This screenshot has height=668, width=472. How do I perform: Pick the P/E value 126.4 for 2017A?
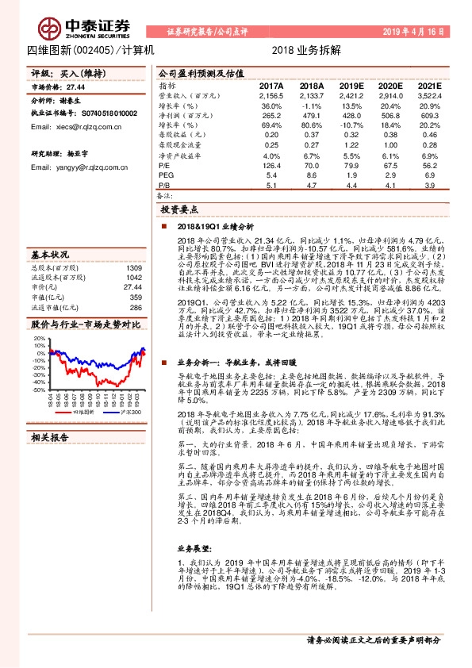(271, 165)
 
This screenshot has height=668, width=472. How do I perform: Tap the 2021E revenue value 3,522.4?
(428, 96)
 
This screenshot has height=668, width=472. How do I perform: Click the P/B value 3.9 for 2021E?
(429, 185)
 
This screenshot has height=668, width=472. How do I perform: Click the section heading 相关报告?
(49, 436)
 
